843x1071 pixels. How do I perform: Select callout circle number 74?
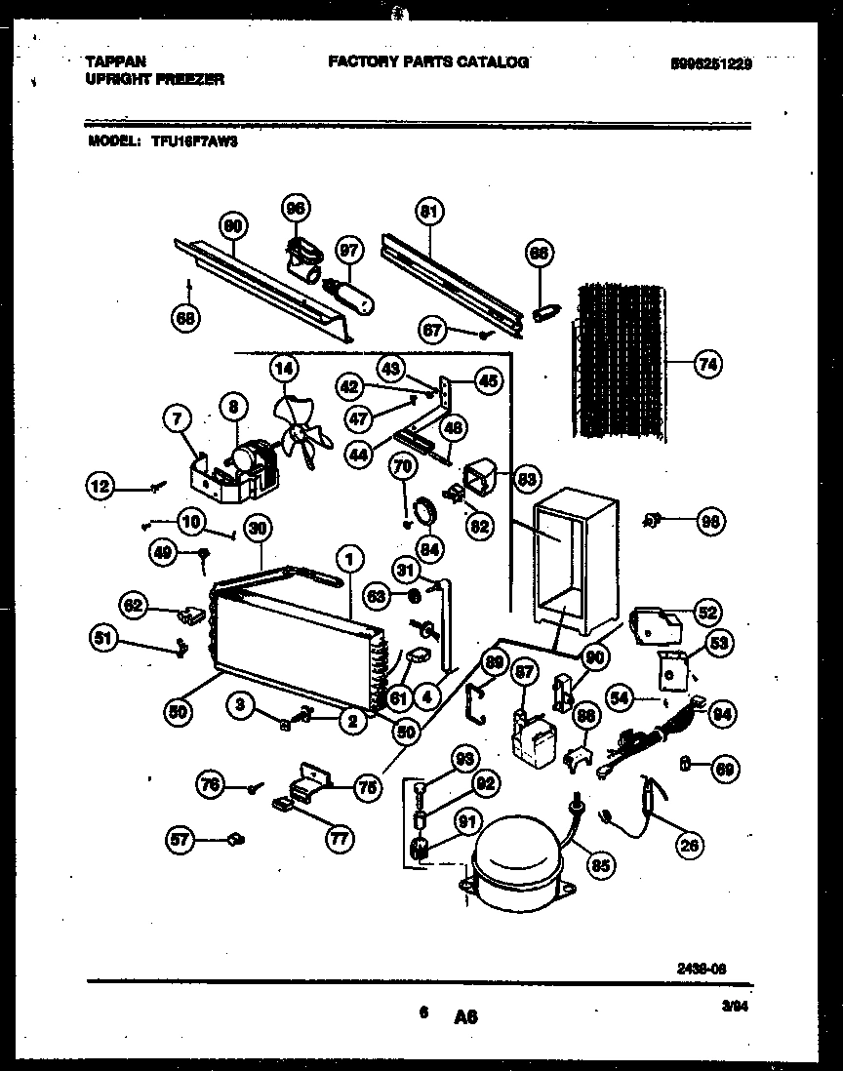[708, 365]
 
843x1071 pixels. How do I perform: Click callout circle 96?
[295, 208]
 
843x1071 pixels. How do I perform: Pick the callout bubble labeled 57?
[181, 837]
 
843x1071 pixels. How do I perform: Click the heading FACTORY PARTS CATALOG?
[427, 61]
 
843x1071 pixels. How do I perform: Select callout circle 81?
[429, 212]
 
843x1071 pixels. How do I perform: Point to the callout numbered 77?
[341, 837]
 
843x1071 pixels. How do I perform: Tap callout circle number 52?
[707, 613]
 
